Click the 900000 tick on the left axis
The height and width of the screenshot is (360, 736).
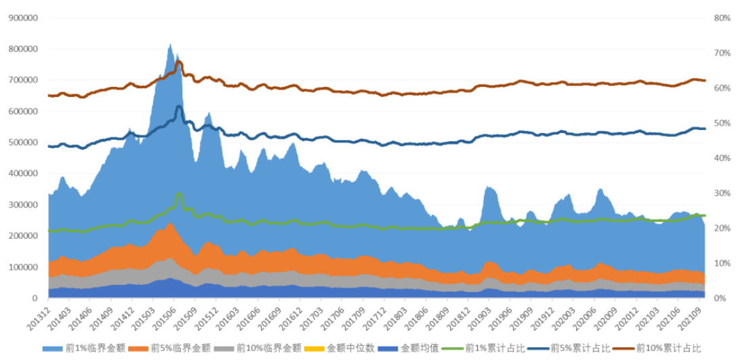pyautogui.click(x=23, y=18)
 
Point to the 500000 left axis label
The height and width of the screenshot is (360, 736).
pyautogui.click(x=23, y=142)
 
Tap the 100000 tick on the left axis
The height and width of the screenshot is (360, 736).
pyautogui.click(x=23, y=267)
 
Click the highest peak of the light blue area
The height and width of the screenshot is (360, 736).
pyautogui.click(x=170, y=45)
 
